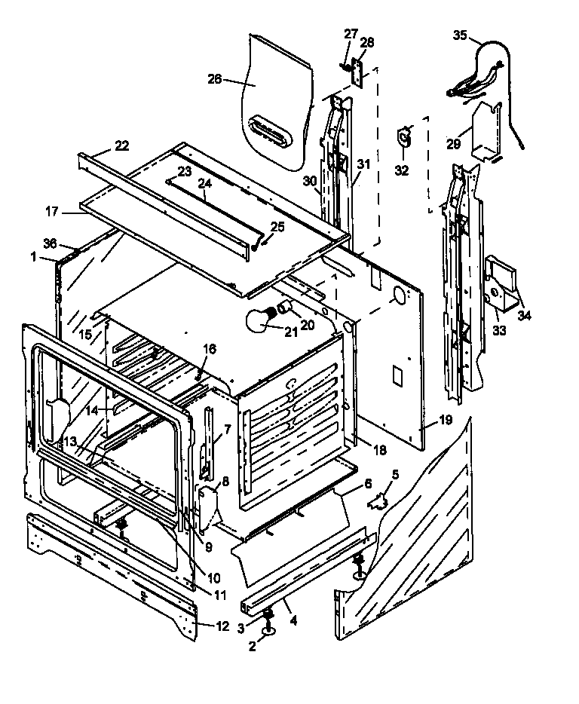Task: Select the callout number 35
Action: click(x=461, y=34)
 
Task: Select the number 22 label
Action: click(x=122, y=145)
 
